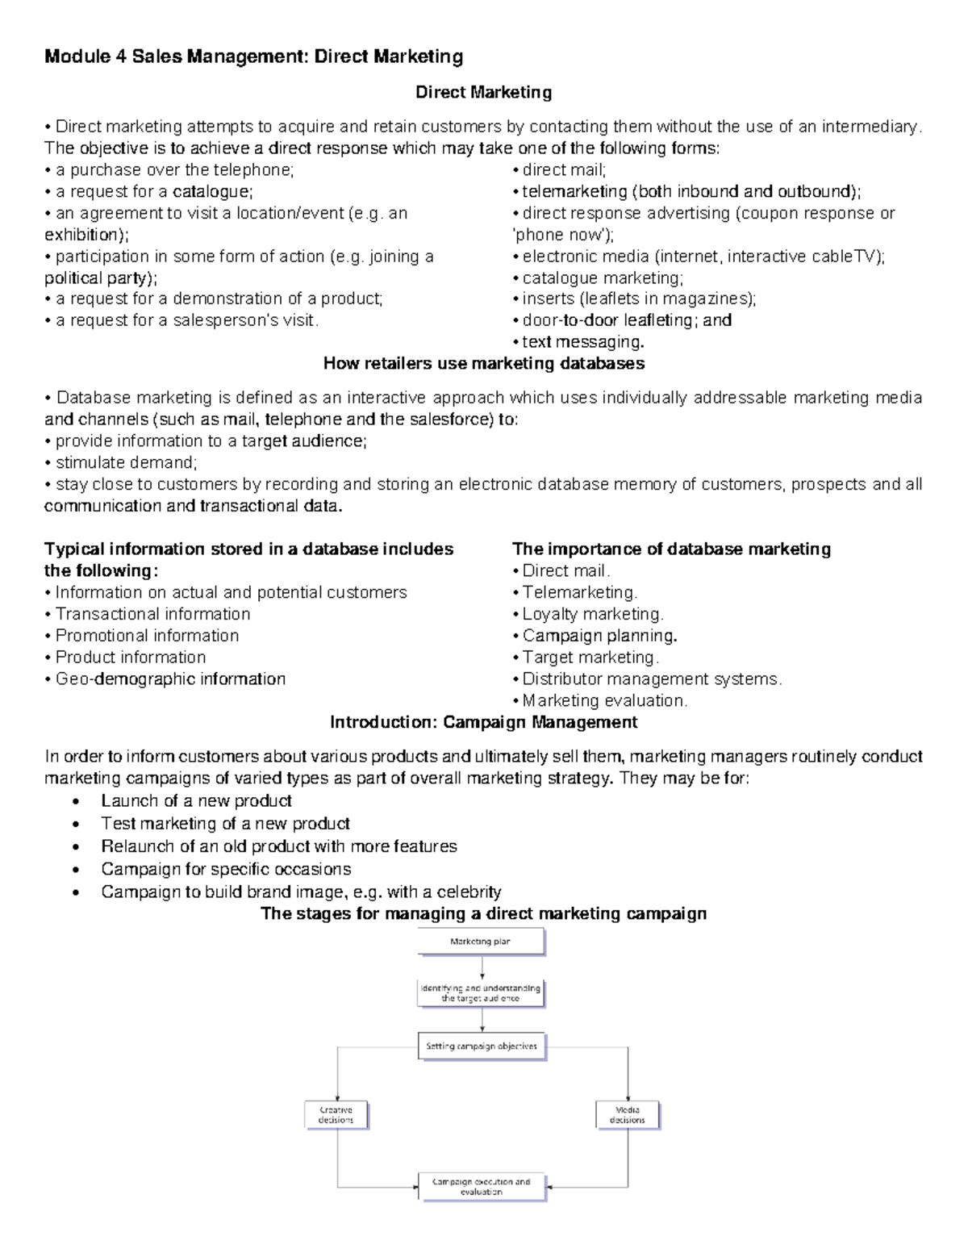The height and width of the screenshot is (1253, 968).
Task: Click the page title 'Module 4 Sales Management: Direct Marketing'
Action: [253, 56]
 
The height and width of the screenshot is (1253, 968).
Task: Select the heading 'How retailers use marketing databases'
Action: [483, 363]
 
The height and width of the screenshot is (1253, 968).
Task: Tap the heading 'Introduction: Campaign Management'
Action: [483, 722]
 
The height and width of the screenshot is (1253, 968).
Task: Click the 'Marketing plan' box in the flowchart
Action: [481, 942]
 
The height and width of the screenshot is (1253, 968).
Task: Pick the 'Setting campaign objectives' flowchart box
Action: [482, 1046]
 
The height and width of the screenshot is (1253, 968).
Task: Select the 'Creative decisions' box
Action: [336, 1114]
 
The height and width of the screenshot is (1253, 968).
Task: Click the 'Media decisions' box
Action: [627, 1114]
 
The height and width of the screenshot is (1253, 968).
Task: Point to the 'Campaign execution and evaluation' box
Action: [482, 1187]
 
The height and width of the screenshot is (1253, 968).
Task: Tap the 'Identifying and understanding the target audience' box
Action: [481, 993]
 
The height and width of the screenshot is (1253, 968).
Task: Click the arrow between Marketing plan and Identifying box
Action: [482, 967]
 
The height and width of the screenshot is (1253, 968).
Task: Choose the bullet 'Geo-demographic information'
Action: [170, 679]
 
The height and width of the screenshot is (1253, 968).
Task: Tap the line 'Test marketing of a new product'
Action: [225, 824]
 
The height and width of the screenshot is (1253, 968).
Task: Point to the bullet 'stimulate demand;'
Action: [126, 462]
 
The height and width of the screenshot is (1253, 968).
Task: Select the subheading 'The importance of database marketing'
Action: [671, 549]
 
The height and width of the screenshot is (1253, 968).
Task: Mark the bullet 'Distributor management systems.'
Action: [652, 679]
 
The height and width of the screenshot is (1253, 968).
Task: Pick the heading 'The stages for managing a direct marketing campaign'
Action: [483, 913]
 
